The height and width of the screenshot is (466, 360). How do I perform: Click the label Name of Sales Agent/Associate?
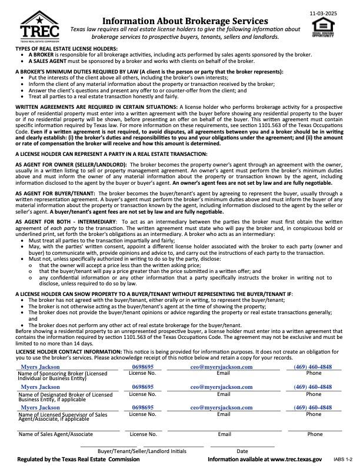click(x=55, y=434)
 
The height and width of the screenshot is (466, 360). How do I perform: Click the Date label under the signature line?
click(x=242, y=451)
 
